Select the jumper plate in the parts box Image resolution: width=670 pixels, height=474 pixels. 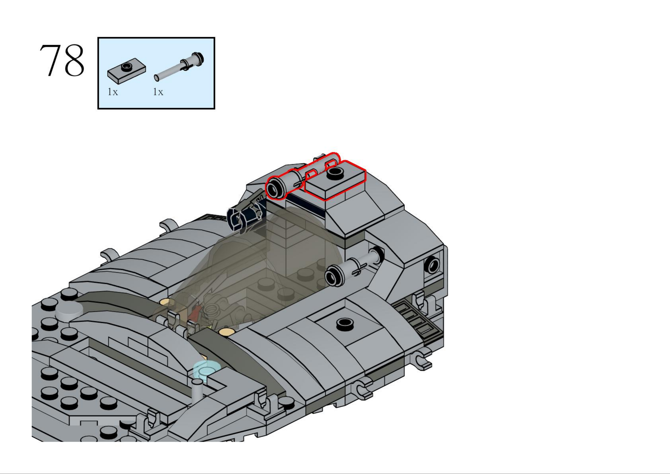click(x=127, y=71)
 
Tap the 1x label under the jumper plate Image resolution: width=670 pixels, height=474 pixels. click(x=113, y=92)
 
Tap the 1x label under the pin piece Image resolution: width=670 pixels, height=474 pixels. click(x=158, y=92)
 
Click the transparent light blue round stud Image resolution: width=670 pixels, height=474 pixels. click(x=206, y=369)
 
